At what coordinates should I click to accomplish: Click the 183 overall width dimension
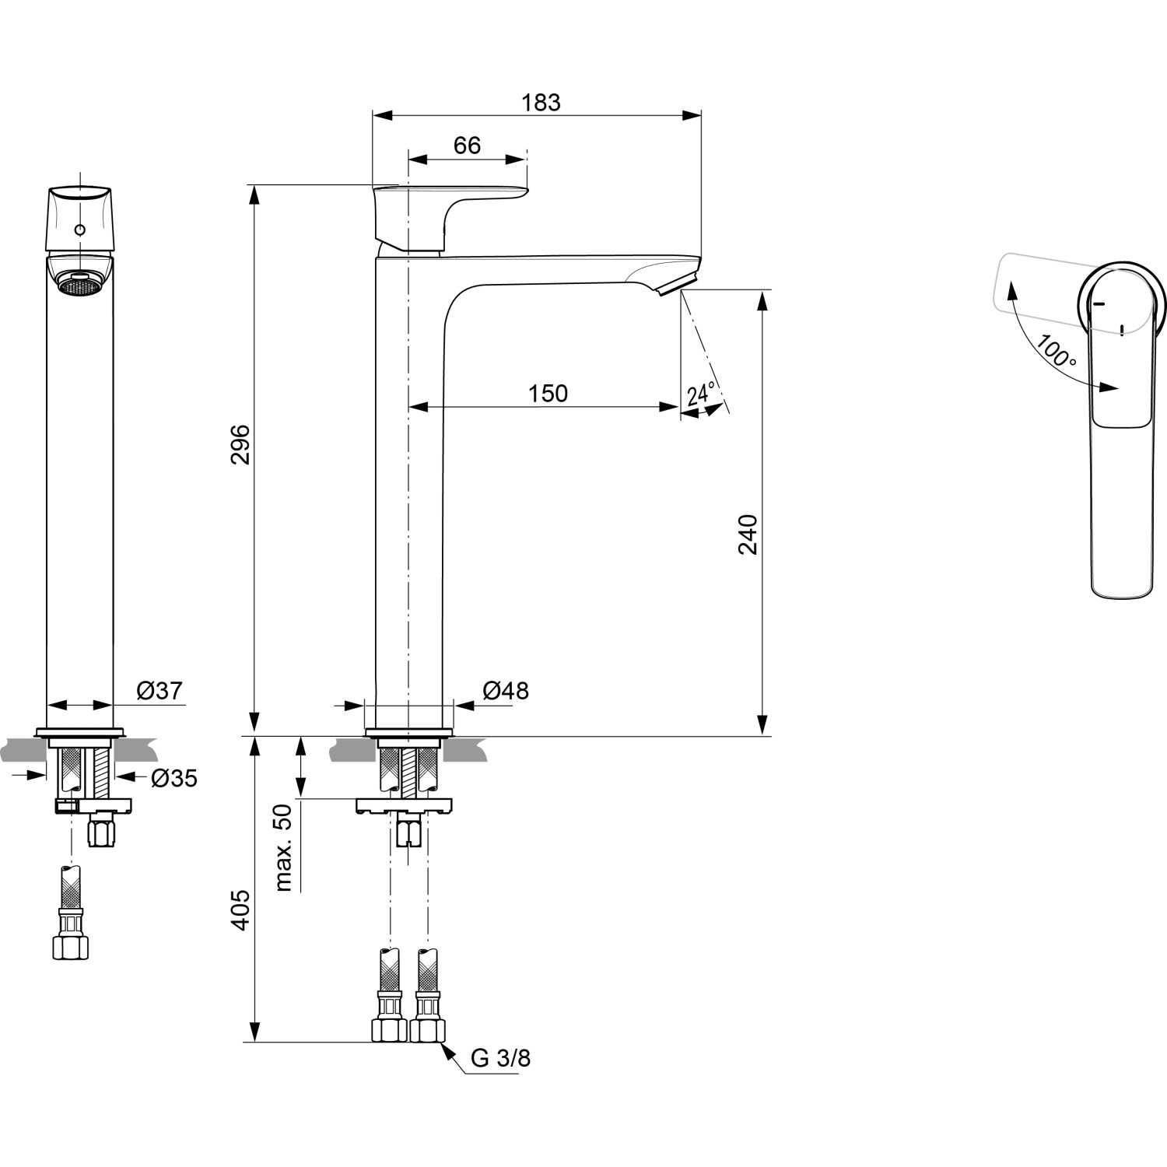(x=541, y=103)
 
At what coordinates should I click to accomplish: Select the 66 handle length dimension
(x=467, y=145)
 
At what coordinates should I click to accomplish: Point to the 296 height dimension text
(x=240, y=444)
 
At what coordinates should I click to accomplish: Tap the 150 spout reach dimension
(x=548, y=394)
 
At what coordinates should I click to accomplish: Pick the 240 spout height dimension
(x=748, y=534)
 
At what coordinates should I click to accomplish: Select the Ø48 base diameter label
(x=505, y=690)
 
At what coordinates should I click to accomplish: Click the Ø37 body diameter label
(x=159, y=690)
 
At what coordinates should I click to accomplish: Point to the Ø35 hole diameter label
(x=173, y=777)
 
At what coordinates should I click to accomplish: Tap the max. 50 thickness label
(x=283, y=847)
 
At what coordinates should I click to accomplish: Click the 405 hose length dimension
(x=240, y=909)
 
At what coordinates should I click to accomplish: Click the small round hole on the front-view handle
(x=79, y=230)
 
